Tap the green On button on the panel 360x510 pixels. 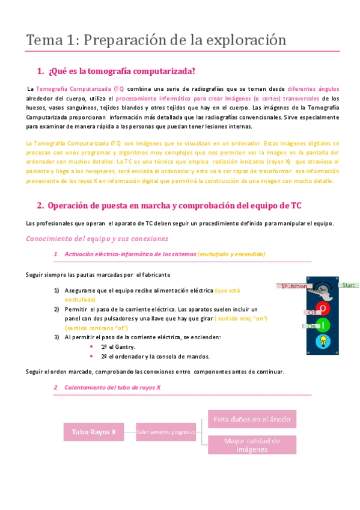point(323,325)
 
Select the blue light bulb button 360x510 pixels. point(323,342)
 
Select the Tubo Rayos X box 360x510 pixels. point(93,432)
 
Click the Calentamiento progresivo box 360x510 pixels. point(166,432)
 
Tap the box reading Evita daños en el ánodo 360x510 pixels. point(252,419)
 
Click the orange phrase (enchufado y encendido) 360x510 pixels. point(231,254)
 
